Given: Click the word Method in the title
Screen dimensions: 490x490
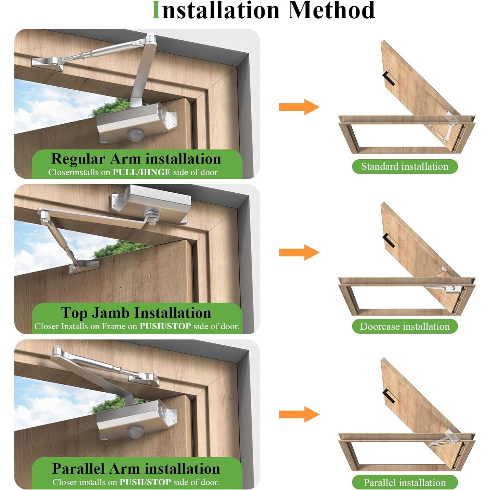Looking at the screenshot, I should [331, 10].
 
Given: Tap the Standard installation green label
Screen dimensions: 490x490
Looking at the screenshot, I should [405, 166].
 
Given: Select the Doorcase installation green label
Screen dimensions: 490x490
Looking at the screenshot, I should [405, 326].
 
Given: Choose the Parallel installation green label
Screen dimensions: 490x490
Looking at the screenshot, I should [405, 482].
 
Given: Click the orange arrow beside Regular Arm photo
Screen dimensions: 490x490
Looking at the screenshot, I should [299, 107].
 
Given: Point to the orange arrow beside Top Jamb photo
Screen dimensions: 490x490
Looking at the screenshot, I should [299, 252].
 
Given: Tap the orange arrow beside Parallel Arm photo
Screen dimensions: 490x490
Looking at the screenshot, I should [299, 414].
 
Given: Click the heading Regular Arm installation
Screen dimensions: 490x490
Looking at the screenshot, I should [136, 159].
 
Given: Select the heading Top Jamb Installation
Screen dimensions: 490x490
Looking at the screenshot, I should [136, 313].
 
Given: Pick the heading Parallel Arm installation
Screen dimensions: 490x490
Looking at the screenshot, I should [136, 469].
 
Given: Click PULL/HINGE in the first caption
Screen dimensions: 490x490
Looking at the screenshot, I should [142, 172].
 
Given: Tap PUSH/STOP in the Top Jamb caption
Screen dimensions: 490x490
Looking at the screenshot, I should [165, 326].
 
